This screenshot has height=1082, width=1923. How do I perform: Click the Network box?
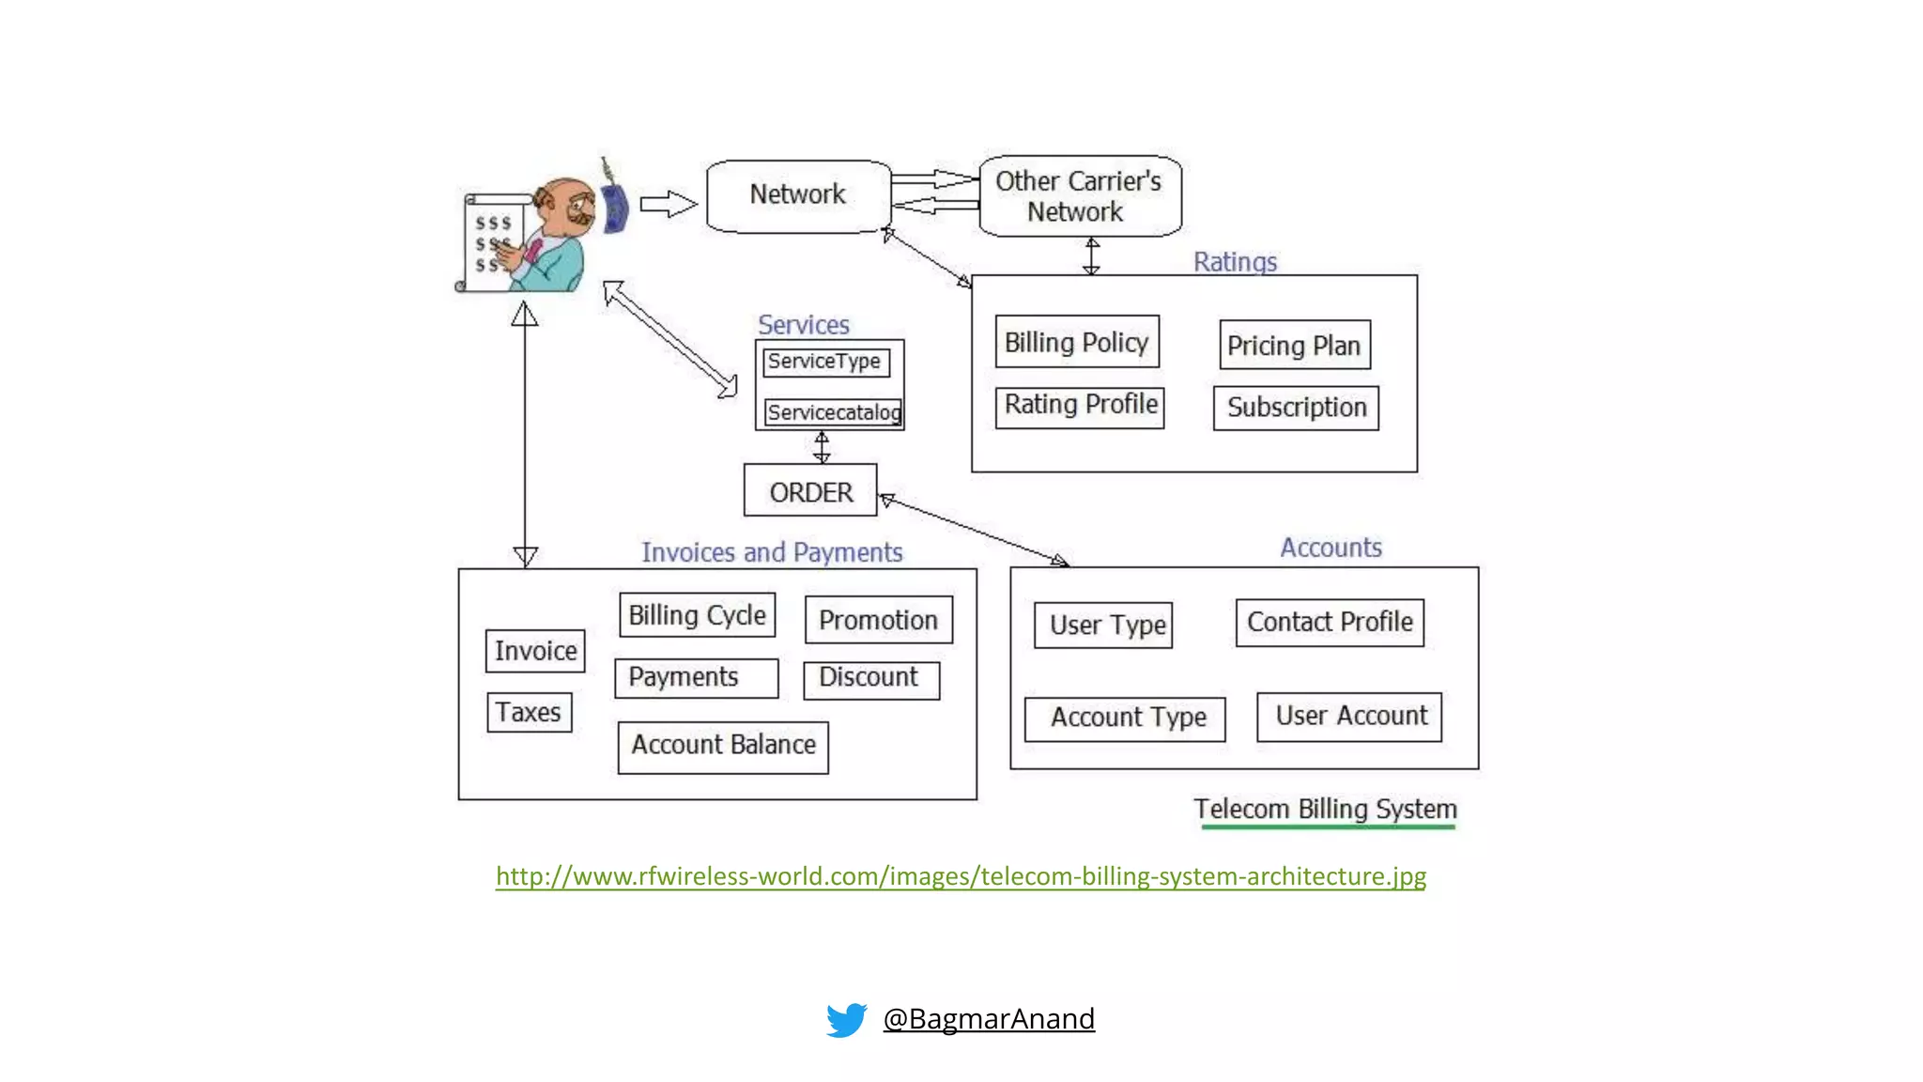798,196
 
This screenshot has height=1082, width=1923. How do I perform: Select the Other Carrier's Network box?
1079,196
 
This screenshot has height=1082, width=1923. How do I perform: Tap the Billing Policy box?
1077,342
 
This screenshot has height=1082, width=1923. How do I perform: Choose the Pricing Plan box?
1294,345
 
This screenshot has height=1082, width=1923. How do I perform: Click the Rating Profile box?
1080,407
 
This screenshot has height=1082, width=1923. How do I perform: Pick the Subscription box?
1296,408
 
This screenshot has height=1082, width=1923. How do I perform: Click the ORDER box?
810,490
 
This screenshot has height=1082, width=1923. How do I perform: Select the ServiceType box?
825,362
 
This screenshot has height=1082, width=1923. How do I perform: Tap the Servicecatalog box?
833,412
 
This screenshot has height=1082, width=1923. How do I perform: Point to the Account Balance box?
723,747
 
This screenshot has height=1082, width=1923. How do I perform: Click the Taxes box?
529,713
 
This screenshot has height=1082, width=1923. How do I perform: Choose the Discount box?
870,679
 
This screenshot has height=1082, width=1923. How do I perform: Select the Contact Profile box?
1329,622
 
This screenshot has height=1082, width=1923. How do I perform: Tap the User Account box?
1349,717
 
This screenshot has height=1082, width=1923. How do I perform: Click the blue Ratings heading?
1235,261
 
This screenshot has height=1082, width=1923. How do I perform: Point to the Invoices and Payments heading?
772,552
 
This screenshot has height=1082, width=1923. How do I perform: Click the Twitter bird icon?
846,1019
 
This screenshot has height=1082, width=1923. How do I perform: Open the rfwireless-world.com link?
961,876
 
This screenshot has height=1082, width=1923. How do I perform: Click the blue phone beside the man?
614,208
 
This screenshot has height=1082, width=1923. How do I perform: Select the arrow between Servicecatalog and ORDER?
822,447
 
